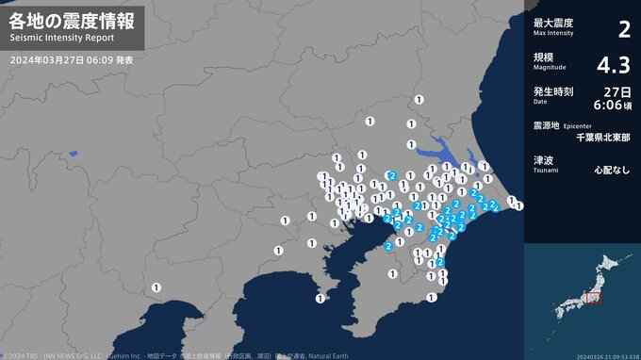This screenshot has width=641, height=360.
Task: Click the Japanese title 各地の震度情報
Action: point(72,20)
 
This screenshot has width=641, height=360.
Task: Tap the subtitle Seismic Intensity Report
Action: point(62,39)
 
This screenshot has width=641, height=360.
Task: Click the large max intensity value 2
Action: point(623,29)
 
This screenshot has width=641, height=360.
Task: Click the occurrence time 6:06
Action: point(613,105)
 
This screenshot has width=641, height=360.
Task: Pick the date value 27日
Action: point(618,91)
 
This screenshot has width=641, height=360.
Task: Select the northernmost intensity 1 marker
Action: point(419,99)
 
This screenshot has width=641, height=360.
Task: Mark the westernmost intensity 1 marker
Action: point(156,286)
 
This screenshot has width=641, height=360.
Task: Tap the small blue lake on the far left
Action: point(73,152)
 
